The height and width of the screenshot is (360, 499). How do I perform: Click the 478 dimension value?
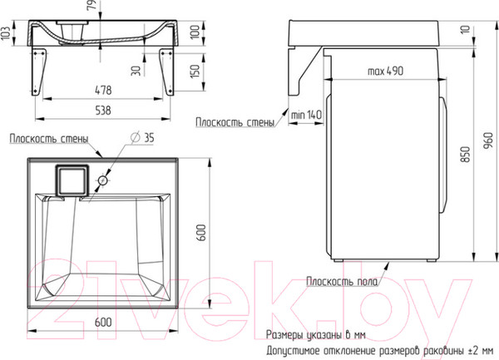[103, 90]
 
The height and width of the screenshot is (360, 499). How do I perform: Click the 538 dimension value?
[103, 111]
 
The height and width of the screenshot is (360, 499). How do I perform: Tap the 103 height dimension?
[6, 33]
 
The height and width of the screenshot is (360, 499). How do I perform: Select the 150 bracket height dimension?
[195, 71]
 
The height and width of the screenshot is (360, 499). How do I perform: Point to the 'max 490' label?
[385, 71]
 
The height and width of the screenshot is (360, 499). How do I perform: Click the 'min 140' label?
[306, 115]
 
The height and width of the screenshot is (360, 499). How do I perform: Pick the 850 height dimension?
[465, 155]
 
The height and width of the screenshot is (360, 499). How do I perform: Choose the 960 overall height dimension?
[487, 141]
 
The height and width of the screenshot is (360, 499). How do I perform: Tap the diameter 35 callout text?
[142, 137]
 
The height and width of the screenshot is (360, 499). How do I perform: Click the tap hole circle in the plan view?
[102, 181]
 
